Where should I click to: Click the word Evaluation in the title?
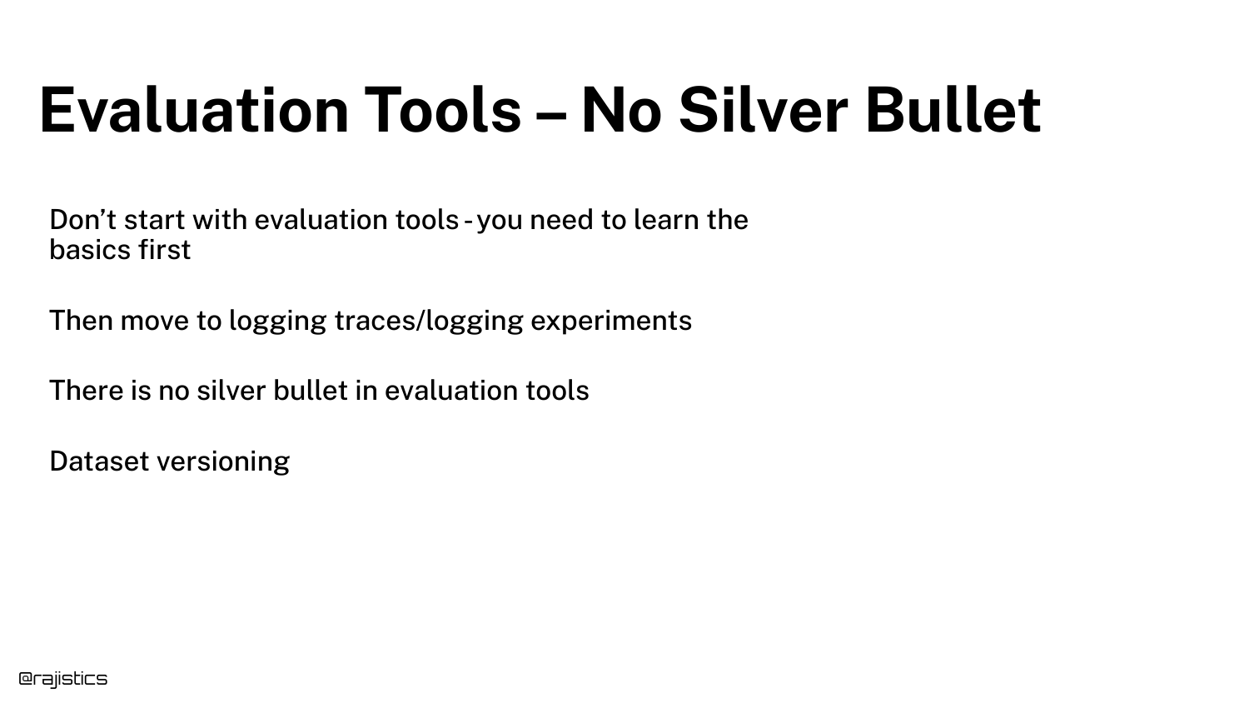[x=194, y=110]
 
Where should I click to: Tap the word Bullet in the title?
[x=953, y=110]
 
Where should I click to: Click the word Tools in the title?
[x=443, y=110]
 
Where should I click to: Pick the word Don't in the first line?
[x=82, y=219]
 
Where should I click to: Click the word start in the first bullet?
[x=154, y=221]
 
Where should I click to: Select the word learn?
[x=666, y=219]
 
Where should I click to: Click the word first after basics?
[x=165, y=249]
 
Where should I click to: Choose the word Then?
[x=82, y=320]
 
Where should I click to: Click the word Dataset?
[x=99, y=461]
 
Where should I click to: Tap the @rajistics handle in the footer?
[x=63, y=679]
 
